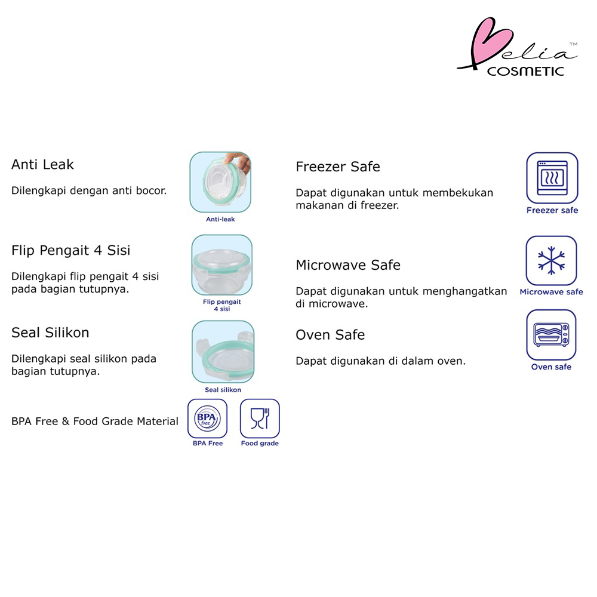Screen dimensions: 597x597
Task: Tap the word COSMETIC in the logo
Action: coord(525,71)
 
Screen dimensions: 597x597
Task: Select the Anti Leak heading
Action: coord(42,165)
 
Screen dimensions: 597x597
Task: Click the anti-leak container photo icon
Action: coord(220,182)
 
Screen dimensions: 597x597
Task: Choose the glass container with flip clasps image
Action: coord(221,265)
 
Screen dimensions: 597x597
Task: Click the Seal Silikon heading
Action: coord(50,333)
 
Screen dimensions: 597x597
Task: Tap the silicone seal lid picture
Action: coord(223,352)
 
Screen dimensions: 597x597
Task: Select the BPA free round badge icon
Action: coord(208,418)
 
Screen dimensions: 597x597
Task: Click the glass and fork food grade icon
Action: coord(260,418)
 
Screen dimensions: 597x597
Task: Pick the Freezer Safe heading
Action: coord(338,167)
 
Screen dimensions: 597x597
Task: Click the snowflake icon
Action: coord(551,261)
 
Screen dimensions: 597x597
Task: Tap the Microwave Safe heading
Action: coord(348,265)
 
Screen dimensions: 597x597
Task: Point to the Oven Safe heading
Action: coord(330,335)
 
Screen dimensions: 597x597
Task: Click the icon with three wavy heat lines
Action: coord(552,178)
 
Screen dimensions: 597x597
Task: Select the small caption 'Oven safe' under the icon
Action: coord(551,367)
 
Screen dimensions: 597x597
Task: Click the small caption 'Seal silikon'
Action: coord(223,390)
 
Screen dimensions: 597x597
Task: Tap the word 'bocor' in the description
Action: coord(151,191)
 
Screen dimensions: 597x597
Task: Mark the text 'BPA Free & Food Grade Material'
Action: coord(95,421)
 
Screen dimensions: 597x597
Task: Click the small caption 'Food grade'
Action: coord(260,444)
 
